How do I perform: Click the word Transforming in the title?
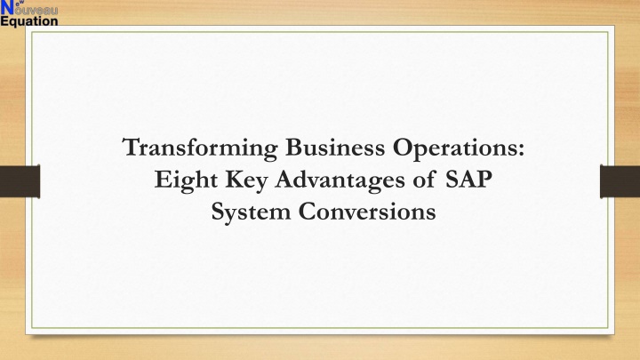(200, 148)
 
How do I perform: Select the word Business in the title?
(335, 147)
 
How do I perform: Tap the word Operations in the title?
(455, 148)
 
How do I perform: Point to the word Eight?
(186, 180)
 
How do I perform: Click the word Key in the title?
(246, 180)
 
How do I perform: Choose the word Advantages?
(340, 180)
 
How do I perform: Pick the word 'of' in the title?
(424, 180)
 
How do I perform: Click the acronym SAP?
(468, 180)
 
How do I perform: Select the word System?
(251, 212)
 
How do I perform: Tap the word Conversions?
(367, 212)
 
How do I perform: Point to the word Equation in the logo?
(29, 21)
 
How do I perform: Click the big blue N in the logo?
(7, 7)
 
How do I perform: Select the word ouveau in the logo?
(36, 11)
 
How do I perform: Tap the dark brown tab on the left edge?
(20, 181)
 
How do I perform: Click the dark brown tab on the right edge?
(620, 181)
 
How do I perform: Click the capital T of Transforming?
(132, 147)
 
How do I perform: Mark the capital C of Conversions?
(308, 212)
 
